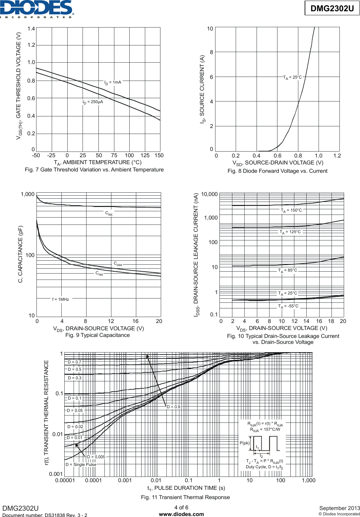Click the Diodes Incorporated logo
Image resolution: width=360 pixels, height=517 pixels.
coord(37,9)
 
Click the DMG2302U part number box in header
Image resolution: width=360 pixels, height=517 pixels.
coord(332,8)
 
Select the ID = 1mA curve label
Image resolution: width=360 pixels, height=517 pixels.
coord(113,83)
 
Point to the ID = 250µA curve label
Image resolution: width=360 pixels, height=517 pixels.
coord(93,102)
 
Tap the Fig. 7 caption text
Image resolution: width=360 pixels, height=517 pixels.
coord(94,170)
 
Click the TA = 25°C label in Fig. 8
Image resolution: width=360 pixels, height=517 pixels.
coord(292,78)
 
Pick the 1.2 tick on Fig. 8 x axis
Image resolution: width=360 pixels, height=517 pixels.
coord(337,156)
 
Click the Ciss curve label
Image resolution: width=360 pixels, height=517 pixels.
coord(109,214)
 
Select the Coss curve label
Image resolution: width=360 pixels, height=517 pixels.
coord(118,264)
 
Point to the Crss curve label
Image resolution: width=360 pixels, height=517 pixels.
coord(99,274)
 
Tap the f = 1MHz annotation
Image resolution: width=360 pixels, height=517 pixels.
coord(61,299)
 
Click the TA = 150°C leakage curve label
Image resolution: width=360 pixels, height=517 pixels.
coord(291,211)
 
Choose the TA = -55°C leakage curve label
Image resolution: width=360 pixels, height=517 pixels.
coord(288,306)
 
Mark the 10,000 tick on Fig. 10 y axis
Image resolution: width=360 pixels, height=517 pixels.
coord(210,194)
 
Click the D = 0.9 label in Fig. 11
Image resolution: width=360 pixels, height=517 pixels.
coord(174,407)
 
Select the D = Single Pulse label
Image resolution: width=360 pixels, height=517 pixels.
coord(81,465)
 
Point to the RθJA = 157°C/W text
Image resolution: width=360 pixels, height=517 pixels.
coord(265,430)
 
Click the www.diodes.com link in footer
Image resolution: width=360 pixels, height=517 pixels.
coord(181,514)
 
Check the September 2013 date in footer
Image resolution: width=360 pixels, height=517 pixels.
coord(339,508)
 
